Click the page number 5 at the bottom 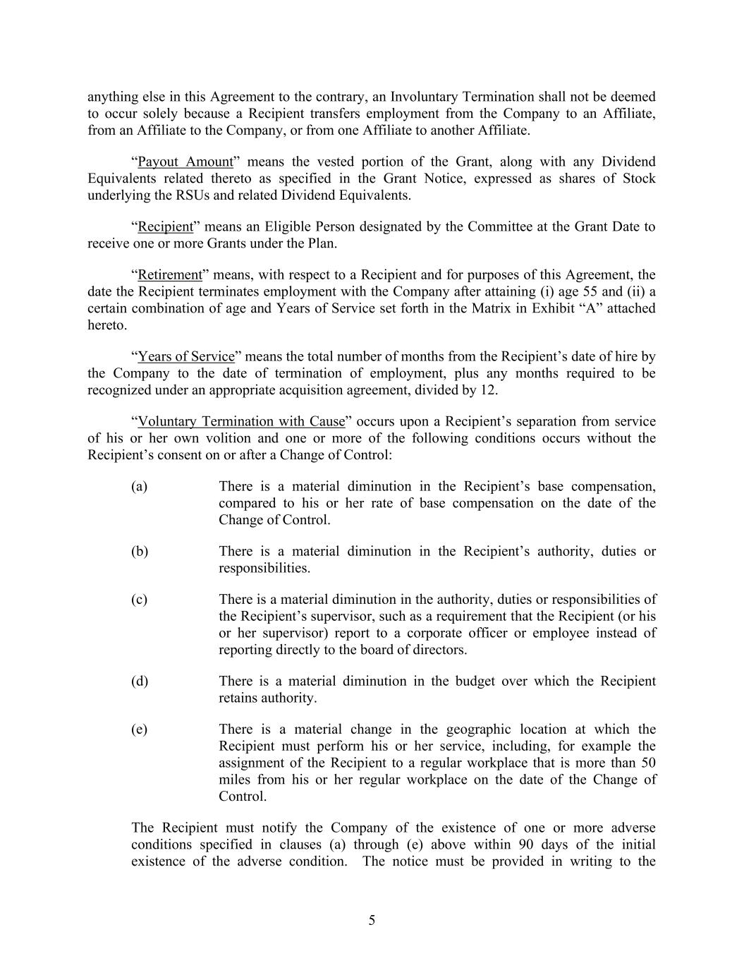pos(372,920)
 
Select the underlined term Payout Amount pos(185,162)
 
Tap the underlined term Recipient pos(165,227)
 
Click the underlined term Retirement pos(170,275)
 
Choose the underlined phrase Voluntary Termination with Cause pos(241,422)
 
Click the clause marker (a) pos(139,487)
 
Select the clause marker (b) pos(139,552)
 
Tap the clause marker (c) pos(139,600)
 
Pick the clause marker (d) pos(139,682)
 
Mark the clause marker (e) pos(139,729)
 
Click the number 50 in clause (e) pos(648,763)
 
